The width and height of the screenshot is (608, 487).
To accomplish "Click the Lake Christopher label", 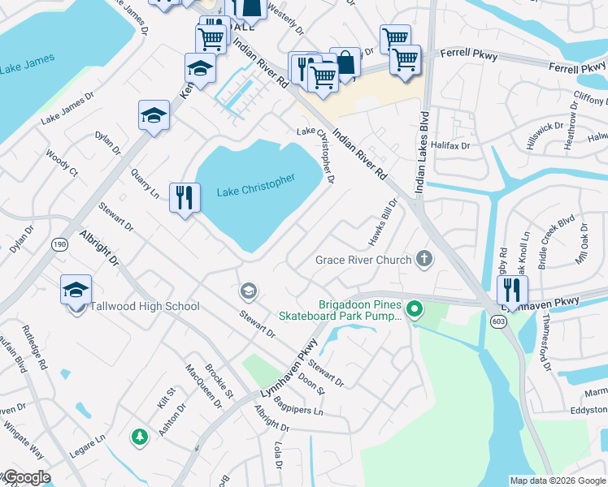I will click(255, 186).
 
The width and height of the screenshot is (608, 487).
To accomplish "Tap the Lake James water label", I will click(28, 62).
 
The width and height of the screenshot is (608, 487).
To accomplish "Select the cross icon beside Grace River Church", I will click(423, 260).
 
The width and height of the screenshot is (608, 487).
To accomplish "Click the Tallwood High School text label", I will click(145, 306).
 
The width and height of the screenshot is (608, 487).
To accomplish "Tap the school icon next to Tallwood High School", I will click(76, 290).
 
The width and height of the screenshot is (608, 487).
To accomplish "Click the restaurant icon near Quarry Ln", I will click(185, 197).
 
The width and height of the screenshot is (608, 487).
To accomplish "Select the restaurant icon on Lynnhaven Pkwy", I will click(512, 290).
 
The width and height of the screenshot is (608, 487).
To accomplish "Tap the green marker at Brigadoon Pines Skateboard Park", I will click(415, 308).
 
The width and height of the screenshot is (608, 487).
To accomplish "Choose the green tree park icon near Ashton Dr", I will click(139, 437).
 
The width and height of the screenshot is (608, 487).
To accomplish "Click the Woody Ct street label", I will click(62, 162).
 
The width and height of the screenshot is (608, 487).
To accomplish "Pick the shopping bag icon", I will click(345, 62).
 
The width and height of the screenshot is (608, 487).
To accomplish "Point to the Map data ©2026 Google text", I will click(557, 481).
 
